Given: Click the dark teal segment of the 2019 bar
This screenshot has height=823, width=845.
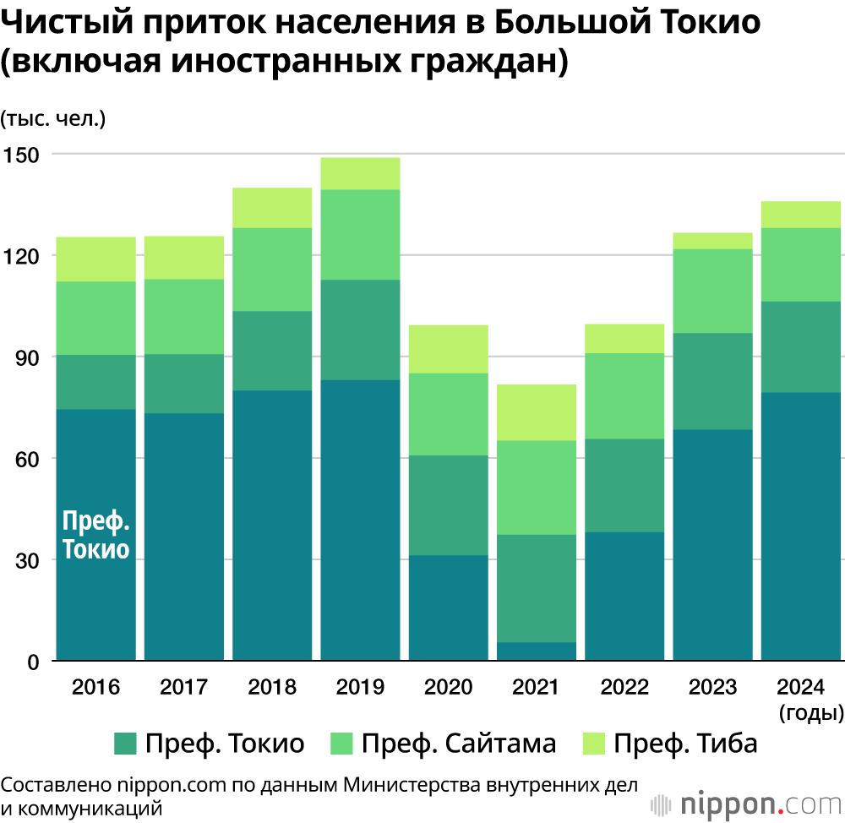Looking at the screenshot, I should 360,520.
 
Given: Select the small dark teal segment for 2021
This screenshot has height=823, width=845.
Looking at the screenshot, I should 537,651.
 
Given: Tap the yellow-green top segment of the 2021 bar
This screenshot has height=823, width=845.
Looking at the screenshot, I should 537,412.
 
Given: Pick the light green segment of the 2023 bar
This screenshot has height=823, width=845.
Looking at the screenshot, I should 712,291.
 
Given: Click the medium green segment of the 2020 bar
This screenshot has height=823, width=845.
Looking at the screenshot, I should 449,505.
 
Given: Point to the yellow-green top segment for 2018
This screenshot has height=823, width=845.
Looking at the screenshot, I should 272,207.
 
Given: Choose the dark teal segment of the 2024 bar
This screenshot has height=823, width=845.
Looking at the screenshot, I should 801,526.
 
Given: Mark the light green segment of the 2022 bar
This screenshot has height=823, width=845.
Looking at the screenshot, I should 624,395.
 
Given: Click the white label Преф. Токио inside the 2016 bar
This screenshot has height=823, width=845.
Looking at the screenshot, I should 96,536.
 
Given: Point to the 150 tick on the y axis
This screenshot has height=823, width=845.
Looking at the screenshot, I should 27,155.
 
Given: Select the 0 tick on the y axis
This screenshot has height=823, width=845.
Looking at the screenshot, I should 34,662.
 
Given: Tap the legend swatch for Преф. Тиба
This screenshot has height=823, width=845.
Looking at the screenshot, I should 593,744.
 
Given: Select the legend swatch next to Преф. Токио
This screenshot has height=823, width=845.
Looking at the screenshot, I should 125,744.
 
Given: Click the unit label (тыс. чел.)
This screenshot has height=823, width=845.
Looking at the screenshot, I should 52,118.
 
